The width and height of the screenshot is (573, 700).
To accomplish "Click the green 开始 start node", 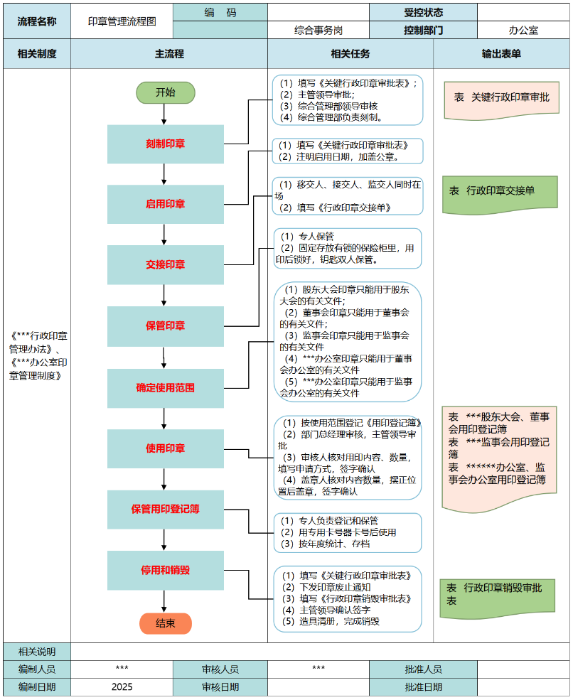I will [x=165, y=92].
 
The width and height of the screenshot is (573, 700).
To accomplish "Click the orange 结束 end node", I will [x=165, y=623].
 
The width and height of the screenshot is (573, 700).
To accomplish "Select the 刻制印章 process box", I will [x=165, y=144].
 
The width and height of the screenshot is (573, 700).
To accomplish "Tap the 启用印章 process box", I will [x=165, y=205].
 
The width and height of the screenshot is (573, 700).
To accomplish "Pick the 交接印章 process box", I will [x=165, y=265].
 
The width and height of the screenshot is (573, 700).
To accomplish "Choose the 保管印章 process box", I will [x=165, y=326].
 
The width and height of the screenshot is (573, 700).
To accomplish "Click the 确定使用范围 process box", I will [x=165, y=388].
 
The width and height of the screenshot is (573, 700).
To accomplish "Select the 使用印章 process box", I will [x=165, y=448].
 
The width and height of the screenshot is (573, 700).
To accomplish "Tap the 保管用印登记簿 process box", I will [x=165, y=510].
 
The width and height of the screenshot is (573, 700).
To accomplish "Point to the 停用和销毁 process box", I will [x=165, y=570].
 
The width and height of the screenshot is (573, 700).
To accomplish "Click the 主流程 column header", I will [x=169, y=54].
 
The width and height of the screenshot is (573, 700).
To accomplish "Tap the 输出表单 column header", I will [x=501, y=54].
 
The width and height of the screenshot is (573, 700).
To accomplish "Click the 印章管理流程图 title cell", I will [x=122, y=21].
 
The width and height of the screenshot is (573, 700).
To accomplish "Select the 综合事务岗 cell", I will [x=318, y=31].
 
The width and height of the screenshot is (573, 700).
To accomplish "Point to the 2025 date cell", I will [x=122, y=687].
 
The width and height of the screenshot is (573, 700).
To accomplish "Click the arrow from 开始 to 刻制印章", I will [x=165, y=114].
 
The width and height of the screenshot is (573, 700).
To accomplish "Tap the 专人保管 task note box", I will [x=348, y=248].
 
